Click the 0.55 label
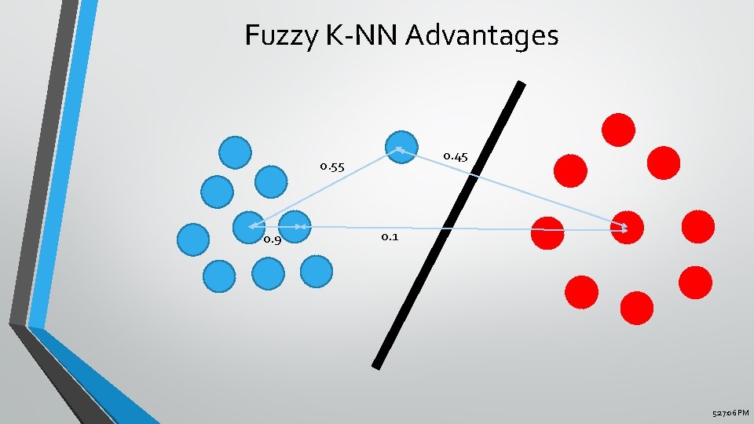point(332,166)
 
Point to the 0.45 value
point(456,157)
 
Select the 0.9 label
point(273,239)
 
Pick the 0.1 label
point(390,236)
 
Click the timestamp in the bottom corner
point(730,413)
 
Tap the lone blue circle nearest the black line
point(402,147)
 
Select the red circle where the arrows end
point(628,228)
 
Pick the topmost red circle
point(618,130)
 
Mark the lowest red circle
point(636,307)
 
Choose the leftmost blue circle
point(193,241)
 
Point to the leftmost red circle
point(547,232)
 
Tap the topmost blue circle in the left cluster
point(235,152)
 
